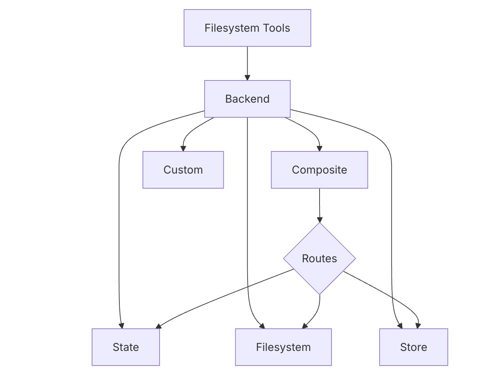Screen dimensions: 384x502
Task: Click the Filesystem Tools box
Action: pos(247,28)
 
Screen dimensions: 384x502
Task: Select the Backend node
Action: pos(247,99)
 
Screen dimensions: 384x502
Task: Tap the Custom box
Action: pos(183,170)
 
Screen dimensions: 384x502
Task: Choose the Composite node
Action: pos(319,170)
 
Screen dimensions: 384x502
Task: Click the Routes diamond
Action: pos(319,259)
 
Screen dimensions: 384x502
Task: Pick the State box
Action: pos(125,347)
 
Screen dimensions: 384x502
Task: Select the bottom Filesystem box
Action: pos(283,347)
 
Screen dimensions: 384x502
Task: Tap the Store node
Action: pos(413,347)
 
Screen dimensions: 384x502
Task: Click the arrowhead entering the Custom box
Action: pos(183,148)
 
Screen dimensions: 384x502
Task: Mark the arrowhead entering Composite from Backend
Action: pos(320,148)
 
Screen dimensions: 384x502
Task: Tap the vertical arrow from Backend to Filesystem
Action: pos(247,222)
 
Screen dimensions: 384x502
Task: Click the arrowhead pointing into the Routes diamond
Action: pos(320,220)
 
